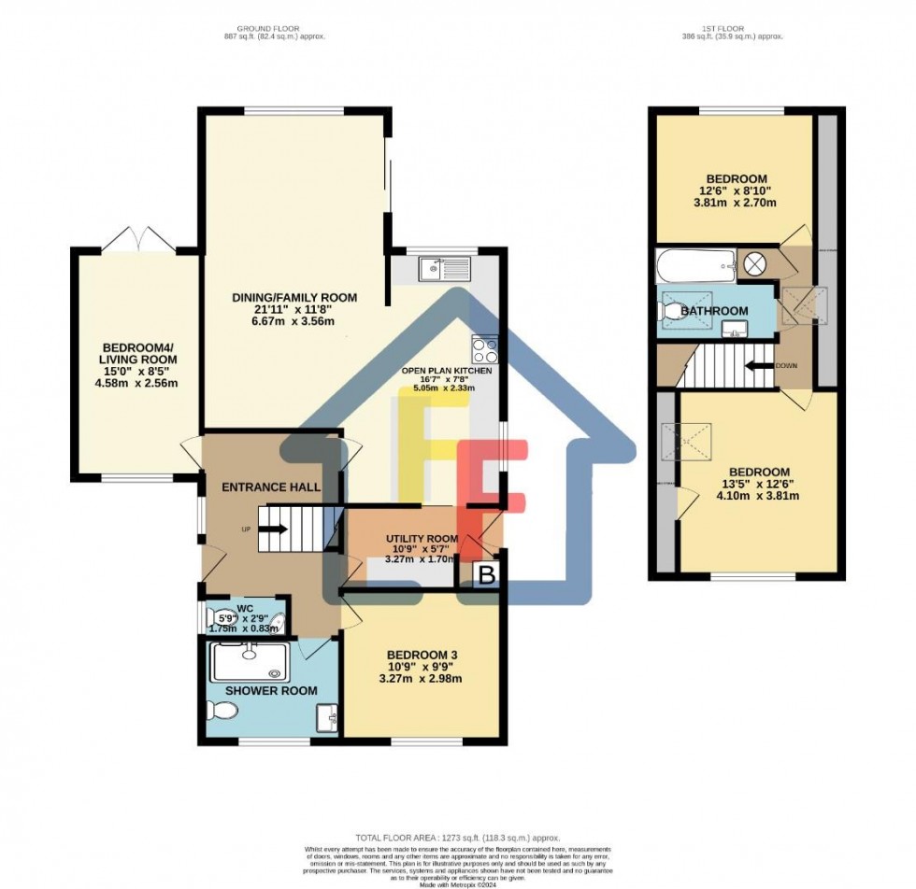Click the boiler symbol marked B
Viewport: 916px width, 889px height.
pyautogui.click(x=485, y=575)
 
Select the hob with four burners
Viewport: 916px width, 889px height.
pyautogui.click(x=485, y=349)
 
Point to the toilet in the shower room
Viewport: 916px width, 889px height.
pyautogui.click(x=222, y=713)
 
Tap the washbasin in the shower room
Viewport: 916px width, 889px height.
pyautogui.click(x=325, y=719)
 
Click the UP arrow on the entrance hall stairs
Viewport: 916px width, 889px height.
pyautogui.click(x=273, y=529)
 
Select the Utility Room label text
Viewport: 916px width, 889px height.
pyautogui.click(x=422, y=539)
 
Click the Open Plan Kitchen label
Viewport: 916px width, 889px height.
pyautogui.click(x=447, y=371)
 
